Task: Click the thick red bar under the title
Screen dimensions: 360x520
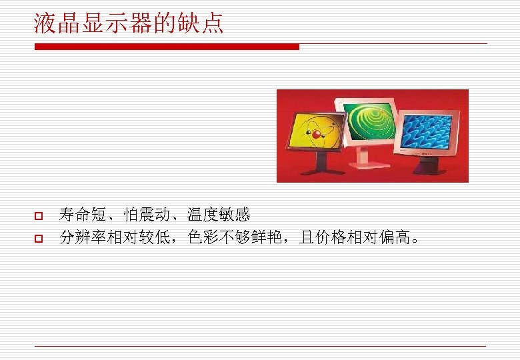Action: coord(167,47)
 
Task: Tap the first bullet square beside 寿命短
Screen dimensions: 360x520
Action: coord(38,217)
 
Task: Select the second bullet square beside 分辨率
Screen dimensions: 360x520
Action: coord(38,238)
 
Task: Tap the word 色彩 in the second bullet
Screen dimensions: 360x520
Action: coord(203,237)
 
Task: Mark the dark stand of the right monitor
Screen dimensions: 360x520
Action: coord(428,167)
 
